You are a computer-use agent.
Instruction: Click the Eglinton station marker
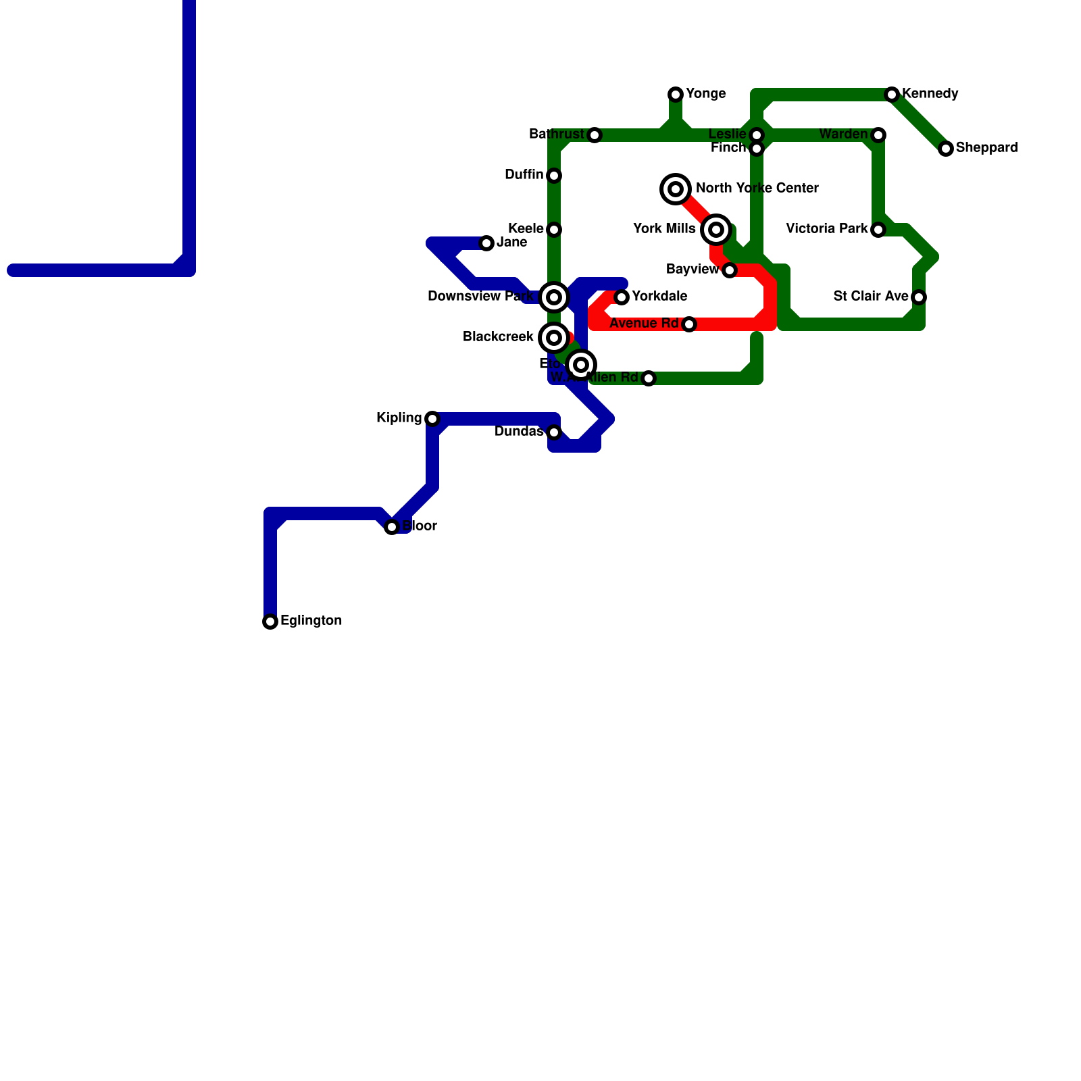[x=270, y=622]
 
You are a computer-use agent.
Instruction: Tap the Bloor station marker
[x=392, y=527]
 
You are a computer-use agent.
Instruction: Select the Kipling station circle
[x=432, y=419]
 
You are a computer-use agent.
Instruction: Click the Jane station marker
[x=486, y=243]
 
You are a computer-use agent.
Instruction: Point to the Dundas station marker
[x=554, y=432]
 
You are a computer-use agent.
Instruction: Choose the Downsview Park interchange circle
[x=554, y=297]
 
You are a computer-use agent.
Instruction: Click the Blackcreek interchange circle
[x=554, y=338]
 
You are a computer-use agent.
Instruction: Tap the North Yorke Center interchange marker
[x=676, y=189]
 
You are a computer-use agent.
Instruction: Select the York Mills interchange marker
[x=716, y=230]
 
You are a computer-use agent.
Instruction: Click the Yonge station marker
[x=676, y=95]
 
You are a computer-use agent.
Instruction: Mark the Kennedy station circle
[x=892, y=95]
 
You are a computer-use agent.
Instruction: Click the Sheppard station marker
[x=946, y=149]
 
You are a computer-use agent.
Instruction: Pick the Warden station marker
[x=878, y=135]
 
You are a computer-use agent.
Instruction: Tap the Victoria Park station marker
[x=878, y=230]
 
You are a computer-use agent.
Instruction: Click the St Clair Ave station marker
[x=919, y=297]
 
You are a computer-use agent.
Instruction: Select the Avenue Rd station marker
[x=689, y=324]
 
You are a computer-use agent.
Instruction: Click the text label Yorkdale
[x=659, y=297]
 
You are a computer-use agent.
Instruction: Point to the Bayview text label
[x=692, y=270]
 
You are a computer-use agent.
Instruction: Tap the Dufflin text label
[x=524, y=175]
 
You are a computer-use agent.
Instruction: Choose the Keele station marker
[x=554, y=230]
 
